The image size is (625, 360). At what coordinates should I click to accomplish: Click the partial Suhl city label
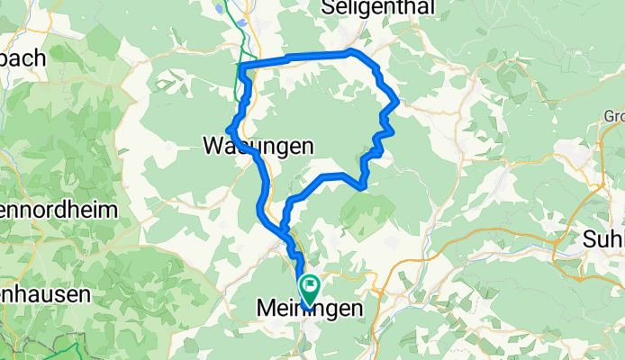604,239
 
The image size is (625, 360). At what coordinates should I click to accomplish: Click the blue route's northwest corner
241,65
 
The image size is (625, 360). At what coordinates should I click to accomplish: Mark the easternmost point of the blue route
397,103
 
